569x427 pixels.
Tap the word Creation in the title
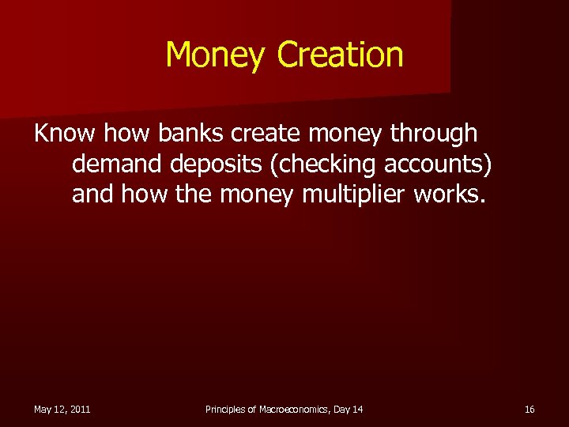[x=341, y=55]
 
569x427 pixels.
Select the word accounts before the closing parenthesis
[x=441, y=164]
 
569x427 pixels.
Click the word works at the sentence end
[x=450, y=194]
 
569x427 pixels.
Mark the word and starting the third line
[x=92, y=194]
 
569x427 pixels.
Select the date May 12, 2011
[x=62, y=409]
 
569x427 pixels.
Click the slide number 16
[x=529, y=409]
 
